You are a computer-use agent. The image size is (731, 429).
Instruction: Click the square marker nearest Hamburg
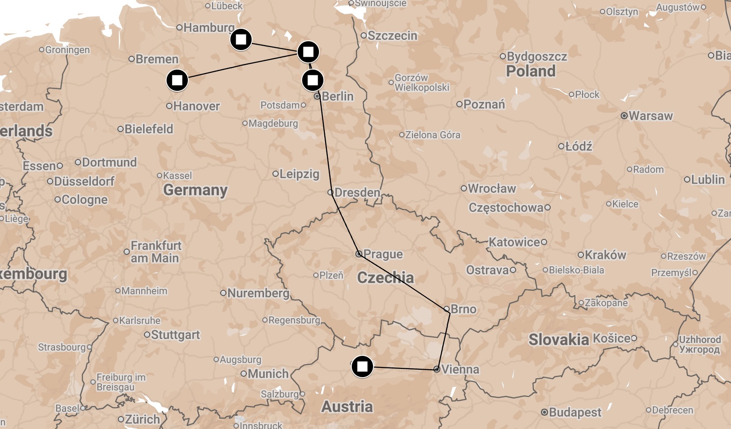coord(241,40)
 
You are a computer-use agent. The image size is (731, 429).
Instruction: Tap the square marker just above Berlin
coord(312,80)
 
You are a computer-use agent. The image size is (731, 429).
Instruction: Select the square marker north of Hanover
coord(177,81)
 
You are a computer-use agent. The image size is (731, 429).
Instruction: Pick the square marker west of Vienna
coord(362,367)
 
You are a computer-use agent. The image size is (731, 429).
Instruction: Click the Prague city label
coord(383,254)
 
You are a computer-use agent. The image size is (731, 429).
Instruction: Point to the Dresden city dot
coord(331,192)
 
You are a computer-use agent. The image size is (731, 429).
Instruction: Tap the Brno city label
coord(463,309)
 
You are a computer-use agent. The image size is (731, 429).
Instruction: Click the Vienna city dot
coord(437,369)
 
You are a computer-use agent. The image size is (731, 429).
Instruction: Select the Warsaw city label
coord(650,116)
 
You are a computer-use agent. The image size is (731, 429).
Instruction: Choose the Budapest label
coord(575,413)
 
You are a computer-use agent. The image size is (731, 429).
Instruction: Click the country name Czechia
coord(385,278)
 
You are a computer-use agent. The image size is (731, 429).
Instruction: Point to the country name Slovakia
coord(559,340)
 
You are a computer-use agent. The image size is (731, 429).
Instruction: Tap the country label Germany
coord(195,190)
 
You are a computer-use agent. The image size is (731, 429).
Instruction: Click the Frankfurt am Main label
coord(156,252)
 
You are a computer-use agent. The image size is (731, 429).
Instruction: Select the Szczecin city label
coord(392,36)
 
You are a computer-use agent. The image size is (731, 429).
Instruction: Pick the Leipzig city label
coord(299,174)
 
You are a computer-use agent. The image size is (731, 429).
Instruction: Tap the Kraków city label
coord(605,255)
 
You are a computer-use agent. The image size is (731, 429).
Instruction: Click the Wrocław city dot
coord(464,188)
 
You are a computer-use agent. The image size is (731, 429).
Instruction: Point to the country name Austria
coord(347,407)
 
